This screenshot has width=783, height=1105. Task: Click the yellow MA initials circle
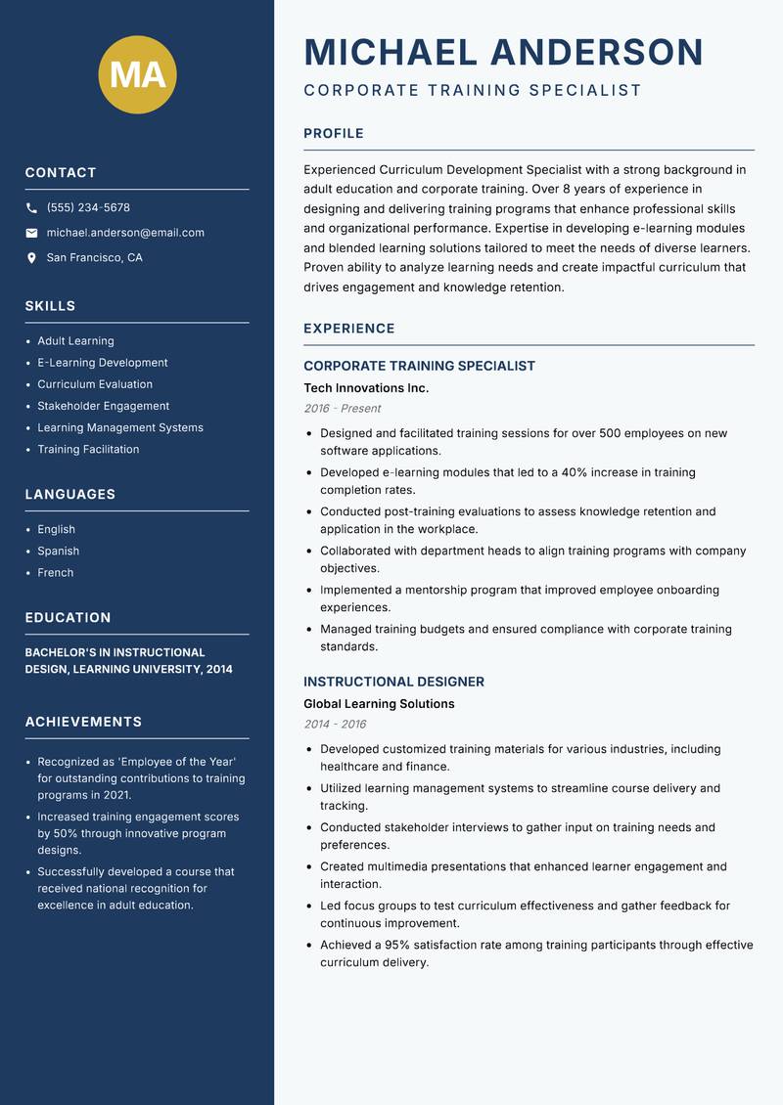pyautogui.click(x=138, y=74)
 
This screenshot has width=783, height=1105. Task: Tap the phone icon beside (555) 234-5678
pyautogui.click(x=32, y=208)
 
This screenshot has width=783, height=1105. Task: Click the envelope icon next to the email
pyautogui.click(x=32, y=233)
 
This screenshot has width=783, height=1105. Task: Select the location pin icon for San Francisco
pyautogui.click(x=32, y=258)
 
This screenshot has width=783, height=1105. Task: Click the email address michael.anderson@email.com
pyautogui.click(x=125, y=233)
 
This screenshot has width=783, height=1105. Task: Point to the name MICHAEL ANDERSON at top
pyautogui.click(x=504, y=52)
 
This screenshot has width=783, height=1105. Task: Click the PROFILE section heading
pyautogui.click(x=334, y=134)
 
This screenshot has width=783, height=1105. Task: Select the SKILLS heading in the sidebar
pyautogui.click(x=51, y=306)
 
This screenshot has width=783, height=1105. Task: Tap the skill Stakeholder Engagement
pyautogui.click(x=104, y=406)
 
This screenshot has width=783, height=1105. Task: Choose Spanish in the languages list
pyautogui.click(x=59, y=551)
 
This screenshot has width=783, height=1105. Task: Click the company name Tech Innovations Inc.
pyautogui.click(x=366, y=388)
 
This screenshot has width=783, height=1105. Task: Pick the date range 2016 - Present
pyautogui.click(x=343, y=409)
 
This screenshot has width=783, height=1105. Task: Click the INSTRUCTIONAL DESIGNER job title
pyautogui.click(x=393, y=682)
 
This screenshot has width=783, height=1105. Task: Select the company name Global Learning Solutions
pyautogui.click(x=379, y=704)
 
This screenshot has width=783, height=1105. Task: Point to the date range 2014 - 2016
pyautogui.click(x=335, y=725)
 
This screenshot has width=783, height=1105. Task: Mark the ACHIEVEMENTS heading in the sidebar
pyautogui.click(x=83, y=722)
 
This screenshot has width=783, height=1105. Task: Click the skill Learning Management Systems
pyautogui.click(x=120, y=427)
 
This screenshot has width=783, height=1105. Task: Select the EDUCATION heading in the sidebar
pyautogui.click(x=69, y=618)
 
